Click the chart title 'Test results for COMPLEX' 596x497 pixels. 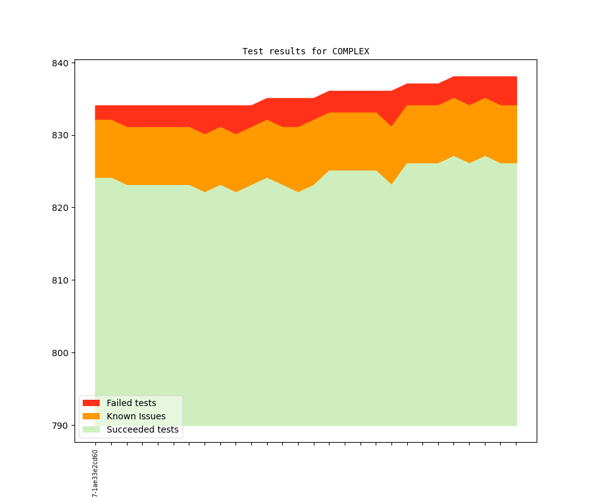point(306,51)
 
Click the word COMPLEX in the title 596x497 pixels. point(350,51)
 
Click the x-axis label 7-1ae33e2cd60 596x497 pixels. point(95,474)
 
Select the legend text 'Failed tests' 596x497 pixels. point(131,403)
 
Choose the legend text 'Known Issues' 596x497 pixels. point(136,416)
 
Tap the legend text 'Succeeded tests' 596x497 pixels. point(143,429)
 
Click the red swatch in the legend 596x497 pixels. point(91,403)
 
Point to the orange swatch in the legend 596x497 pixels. point(91,416)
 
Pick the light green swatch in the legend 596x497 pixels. point(91,429)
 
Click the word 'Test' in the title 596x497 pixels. point(253,51)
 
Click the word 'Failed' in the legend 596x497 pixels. point(120,403)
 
